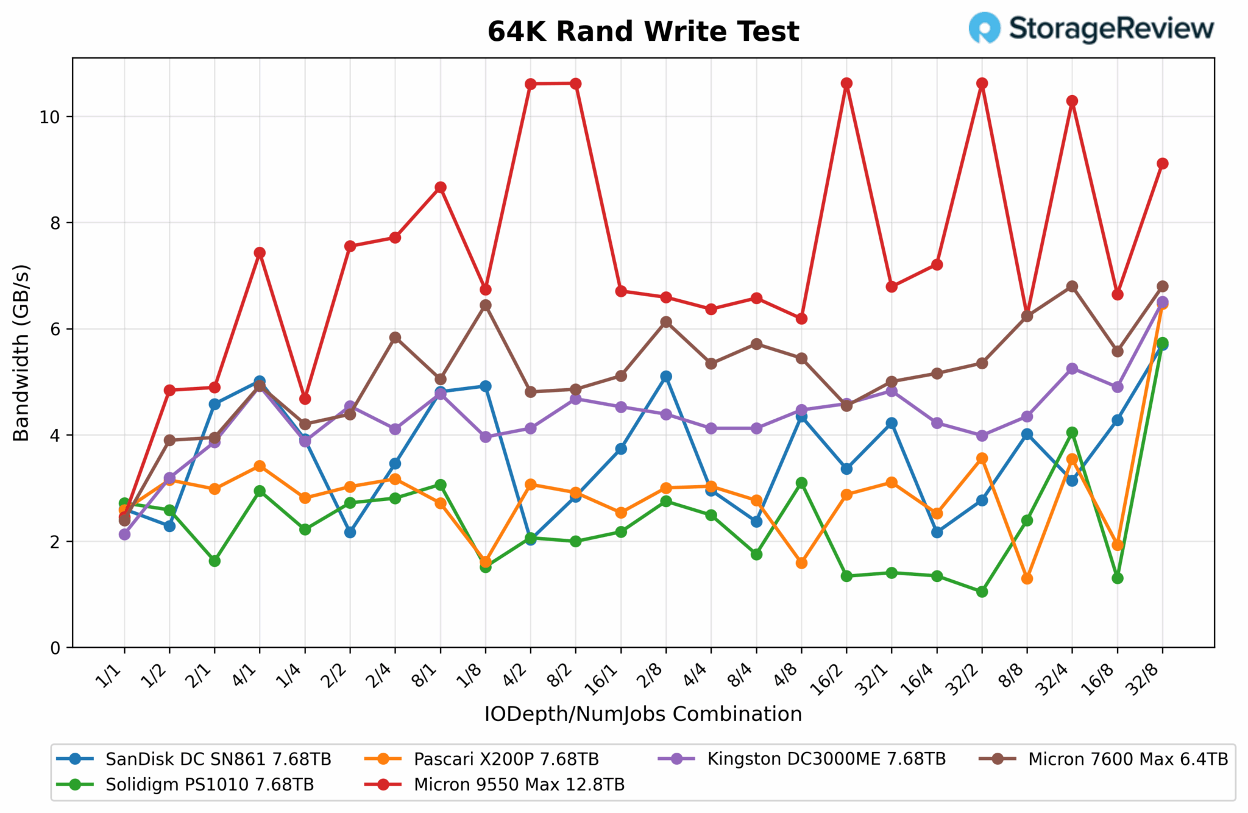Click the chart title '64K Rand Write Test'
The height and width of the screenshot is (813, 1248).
point(643,32)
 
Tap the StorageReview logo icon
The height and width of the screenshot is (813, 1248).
point(984,28)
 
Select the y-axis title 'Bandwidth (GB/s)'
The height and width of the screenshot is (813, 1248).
point(21,352)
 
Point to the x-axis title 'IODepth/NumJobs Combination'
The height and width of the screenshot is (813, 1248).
point(643,714)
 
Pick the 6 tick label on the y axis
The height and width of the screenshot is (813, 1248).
point(55,329)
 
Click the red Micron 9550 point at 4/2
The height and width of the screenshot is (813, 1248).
point(530,84)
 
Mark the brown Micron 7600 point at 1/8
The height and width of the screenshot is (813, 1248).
point(486,305)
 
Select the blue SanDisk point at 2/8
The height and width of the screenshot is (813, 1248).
point(666,377)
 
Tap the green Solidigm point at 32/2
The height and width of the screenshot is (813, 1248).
point(982,592)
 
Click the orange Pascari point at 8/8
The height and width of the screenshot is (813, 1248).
point(1027,578)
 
